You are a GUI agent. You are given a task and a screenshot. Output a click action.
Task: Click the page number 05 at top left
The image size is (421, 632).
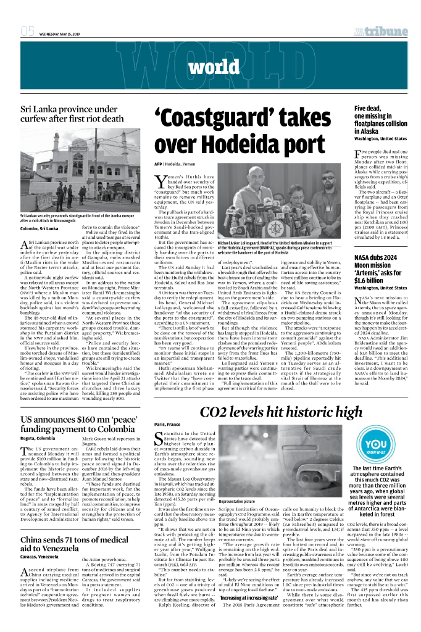27,31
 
